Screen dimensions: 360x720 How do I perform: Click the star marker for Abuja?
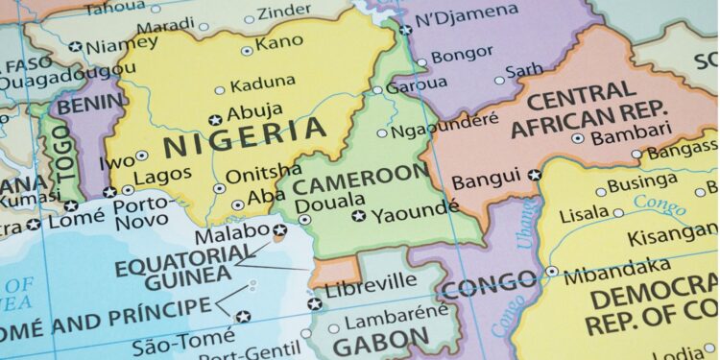tap(215, 120)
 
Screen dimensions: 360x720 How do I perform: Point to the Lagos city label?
tap(156, 179)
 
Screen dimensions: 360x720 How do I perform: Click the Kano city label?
tap(279, 44)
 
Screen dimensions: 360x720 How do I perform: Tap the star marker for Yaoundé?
tap(358, 216)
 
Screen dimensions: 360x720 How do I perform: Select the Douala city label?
tap(316, 204)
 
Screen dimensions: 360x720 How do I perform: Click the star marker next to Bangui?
tap(536, 175)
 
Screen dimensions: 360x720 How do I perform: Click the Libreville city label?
tap(371, 281)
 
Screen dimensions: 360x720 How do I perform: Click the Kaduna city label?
tap(263, 83)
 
